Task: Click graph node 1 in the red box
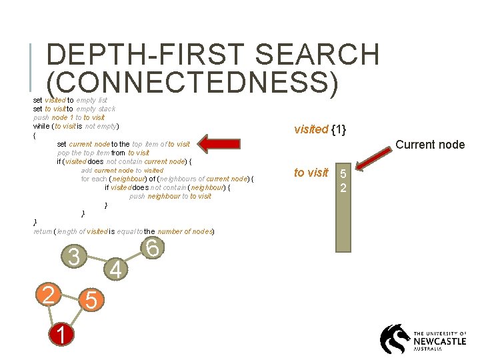click(x=61, y=335)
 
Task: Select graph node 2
click(x=48, y=293)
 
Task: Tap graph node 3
click(x=75, y=257)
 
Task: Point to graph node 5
click(x=91, y=301)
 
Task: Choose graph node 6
click(x=152, y=249)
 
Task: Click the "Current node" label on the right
click(x=430, y=145)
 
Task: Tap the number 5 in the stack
click(x=343, y=175)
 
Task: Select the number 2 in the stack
click(x=343, y=187)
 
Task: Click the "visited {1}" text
click(x=320, y=129)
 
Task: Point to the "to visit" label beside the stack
click(x=311, y=173)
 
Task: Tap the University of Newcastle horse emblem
click(x=395, y=339)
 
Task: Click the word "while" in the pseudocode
click(x=41, y=126)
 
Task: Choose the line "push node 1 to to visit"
click(x=69, y=117)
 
